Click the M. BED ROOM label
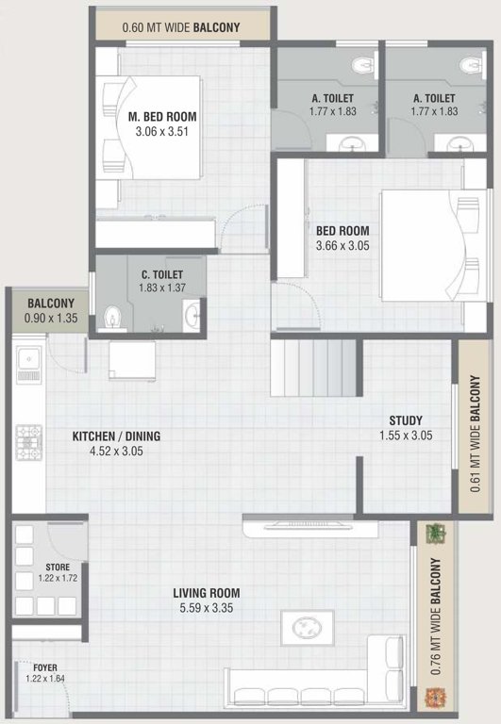coord(162,117)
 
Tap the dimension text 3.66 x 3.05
coord(342,246)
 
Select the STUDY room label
coord(406,420)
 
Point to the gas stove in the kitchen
coord(28,443)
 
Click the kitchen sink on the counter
coord(28,365)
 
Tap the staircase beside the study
coord(313,368)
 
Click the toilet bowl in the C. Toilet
coord(113,319)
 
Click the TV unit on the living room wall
coord(310,527)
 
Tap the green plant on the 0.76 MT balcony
coord(435,534)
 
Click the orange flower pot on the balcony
coord(435,697)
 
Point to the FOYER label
coord(45,667)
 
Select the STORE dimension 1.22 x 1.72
coord(58,578)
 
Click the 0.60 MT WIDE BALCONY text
coord(181,27)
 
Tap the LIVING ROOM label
coord(206,593)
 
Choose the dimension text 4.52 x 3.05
coord(116,452)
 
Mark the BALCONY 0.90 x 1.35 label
coord(51,310)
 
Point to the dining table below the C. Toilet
coord(132,361)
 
